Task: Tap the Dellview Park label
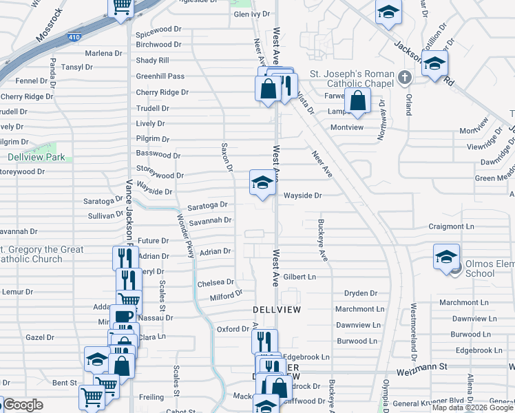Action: (36, 157)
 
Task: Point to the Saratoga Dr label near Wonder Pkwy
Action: (207, 205)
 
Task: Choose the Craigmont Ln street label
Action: (451, 226)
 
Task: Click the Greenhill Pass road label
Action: (160, 76)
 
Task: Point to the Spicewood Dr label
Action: (158, 32)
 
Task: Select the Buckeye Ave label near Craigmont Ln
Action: (322, 240)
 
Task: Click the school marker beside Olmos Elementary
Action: (446, 257)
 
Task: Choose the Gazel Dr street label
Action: (39, 337)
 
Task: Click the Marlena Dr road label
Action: (103, 53)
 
